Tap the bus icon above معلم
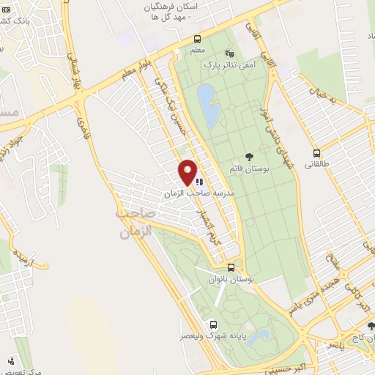click(197, 40)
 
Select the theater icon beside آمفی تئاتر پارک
click(229, 53)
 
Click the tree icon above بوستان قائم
click(249, 156)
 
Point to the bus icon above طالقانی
click(317, 154)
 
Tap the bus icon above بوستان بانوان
click(231, 267)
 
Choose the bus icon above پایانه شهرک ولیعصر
click(213, 324)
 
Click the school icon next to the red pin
click(199, 181)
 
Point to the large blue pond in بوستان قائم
click(208, 104)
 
